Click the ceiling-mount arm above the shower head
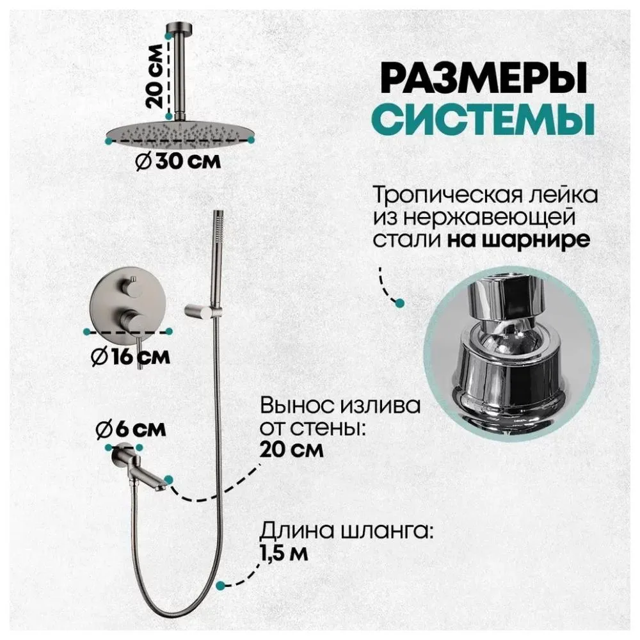click(x=177, y=70)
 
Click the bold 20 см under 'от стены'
click(x=291, y=449)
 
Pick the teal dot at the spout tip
click(x=168, y=478)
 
